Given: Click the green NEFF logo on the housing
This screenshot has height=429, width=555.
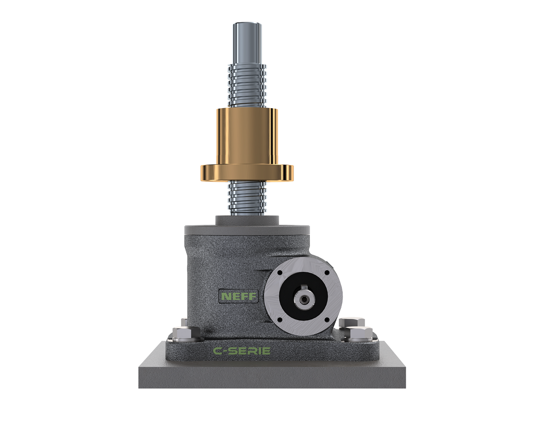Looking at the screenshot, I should [x=238, y=296].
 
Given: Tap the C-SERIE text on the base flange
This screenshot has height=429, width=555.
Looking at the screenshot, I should [x=241, y=351].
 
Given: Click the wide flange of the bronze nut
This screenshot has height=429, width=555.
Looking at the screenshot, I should [x=247, y=172].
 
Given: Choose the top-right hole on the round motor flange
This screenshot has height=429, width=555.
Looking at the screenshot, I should [x=326, y=273].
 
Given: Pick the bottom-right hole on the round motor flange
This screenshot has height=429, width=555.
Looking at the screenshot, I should [x=326, y=320].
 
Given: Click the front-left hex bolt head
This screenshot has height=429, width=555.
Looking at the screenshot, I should [x=184, y=335].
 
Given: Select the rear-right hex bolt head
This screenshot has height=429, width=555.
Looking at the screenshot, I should [x=351, y=323].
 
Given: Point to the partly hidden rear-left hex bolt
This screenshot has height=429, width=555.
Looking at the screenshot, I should [x=184, y=323].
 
